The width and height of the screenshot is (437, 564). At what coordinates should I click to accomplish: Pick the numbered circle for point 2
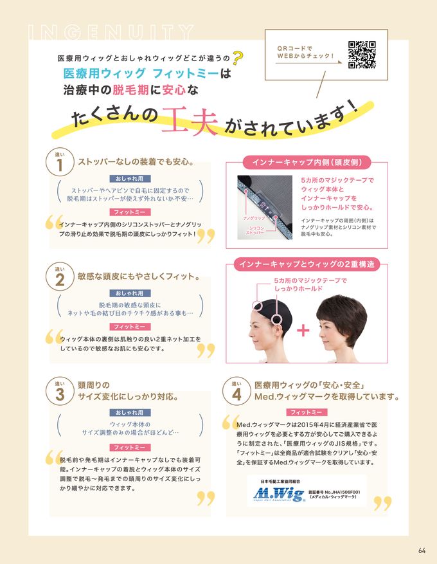tap(60, 278)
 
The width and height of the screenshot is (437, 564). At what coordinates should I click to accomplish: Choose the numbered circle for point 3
tap(60, 392)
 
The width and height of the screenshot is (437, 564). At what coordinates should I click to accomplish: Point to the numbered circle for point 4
tap(236, 392)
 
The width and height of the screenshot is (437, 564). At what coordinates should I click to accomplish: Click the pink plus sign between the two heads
tap(303, 331)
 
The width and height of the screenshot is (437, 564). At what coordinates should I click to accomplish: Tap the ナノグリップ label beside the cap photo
tap(253, 219)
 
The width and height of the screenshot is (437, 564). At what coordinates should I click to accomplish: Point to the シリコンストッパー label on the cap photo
tap(256, 230)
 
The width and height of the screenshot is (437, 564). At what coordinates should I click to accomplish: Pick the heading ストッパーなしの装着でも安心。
tap(136, 161)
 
